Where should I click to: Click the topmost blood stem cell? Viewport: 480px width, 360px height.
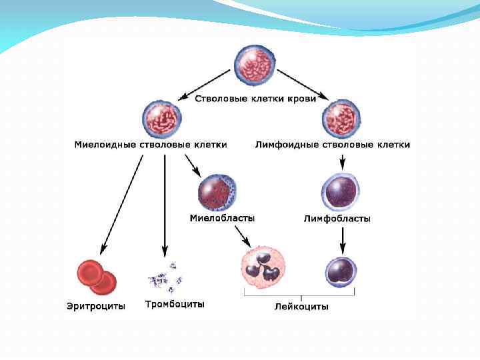253,65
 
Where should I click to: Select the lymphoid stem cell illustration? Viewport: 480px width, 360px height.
342,119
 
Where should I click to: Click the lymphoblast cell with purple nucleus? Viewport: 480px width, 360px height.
341,193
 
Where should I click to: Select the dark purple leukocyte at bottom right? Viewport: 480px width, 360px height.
341,273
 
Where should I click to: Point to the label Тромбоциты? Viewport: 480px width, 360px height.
175,305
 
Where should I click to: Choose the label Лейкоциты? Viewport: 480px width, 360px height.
301,307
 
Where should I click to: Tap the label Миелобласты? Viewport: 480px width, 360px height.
222,218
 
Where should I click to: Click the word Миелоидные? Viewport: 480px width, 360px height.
105,145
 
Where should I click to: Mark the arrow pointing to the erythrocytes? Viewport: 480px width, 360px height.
122,203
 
